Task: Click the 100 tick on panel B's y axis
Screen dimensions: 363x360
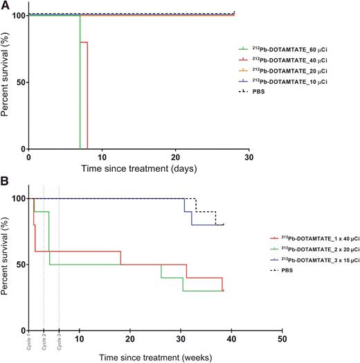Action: [17, 199]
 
